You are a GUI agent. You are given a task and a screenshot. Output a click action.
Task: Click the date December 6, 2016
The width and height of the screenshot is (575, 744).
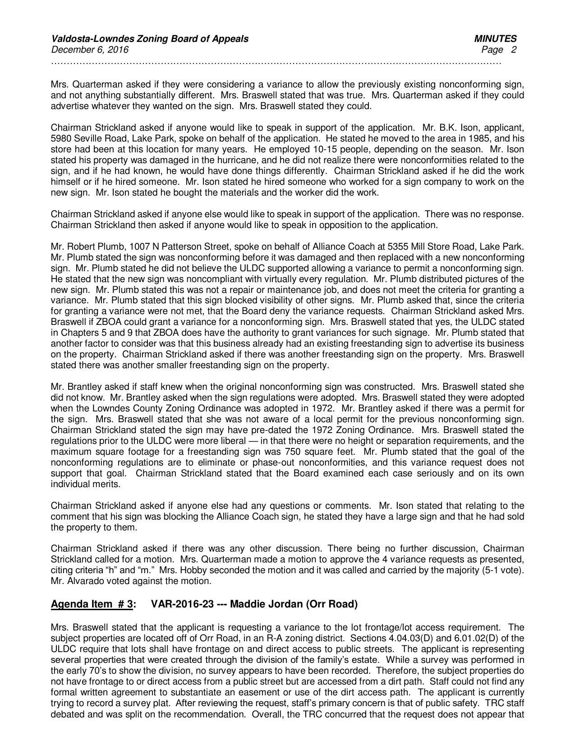click(x=90, y=50)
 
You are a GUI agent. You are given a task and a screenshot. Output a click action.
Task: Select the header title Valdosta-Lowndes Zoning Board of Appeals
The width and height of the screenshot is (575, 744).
click(x=150, y=39)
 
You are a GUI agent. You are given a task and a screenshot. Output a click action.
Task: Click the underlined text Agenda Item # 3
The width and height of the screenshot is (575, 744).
click(x=92, y=604)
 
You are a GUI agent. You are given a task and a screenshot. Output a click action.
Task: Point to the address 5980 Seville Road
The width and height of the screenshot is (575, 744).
click(x=83, y=138)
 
